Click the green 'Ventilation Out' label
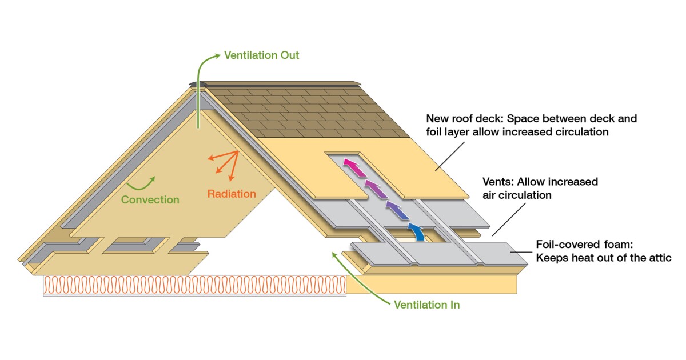click(261, 55)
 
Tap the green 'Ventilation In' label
click(426, 305)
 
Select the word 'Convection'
click(150, 199)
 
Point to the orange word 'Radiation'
click(232, 194)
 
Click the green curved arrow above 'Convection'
click(141, 182)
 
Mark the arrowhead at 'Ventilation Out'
click(217, 56)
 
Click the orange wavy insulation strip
click(194, 285)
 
